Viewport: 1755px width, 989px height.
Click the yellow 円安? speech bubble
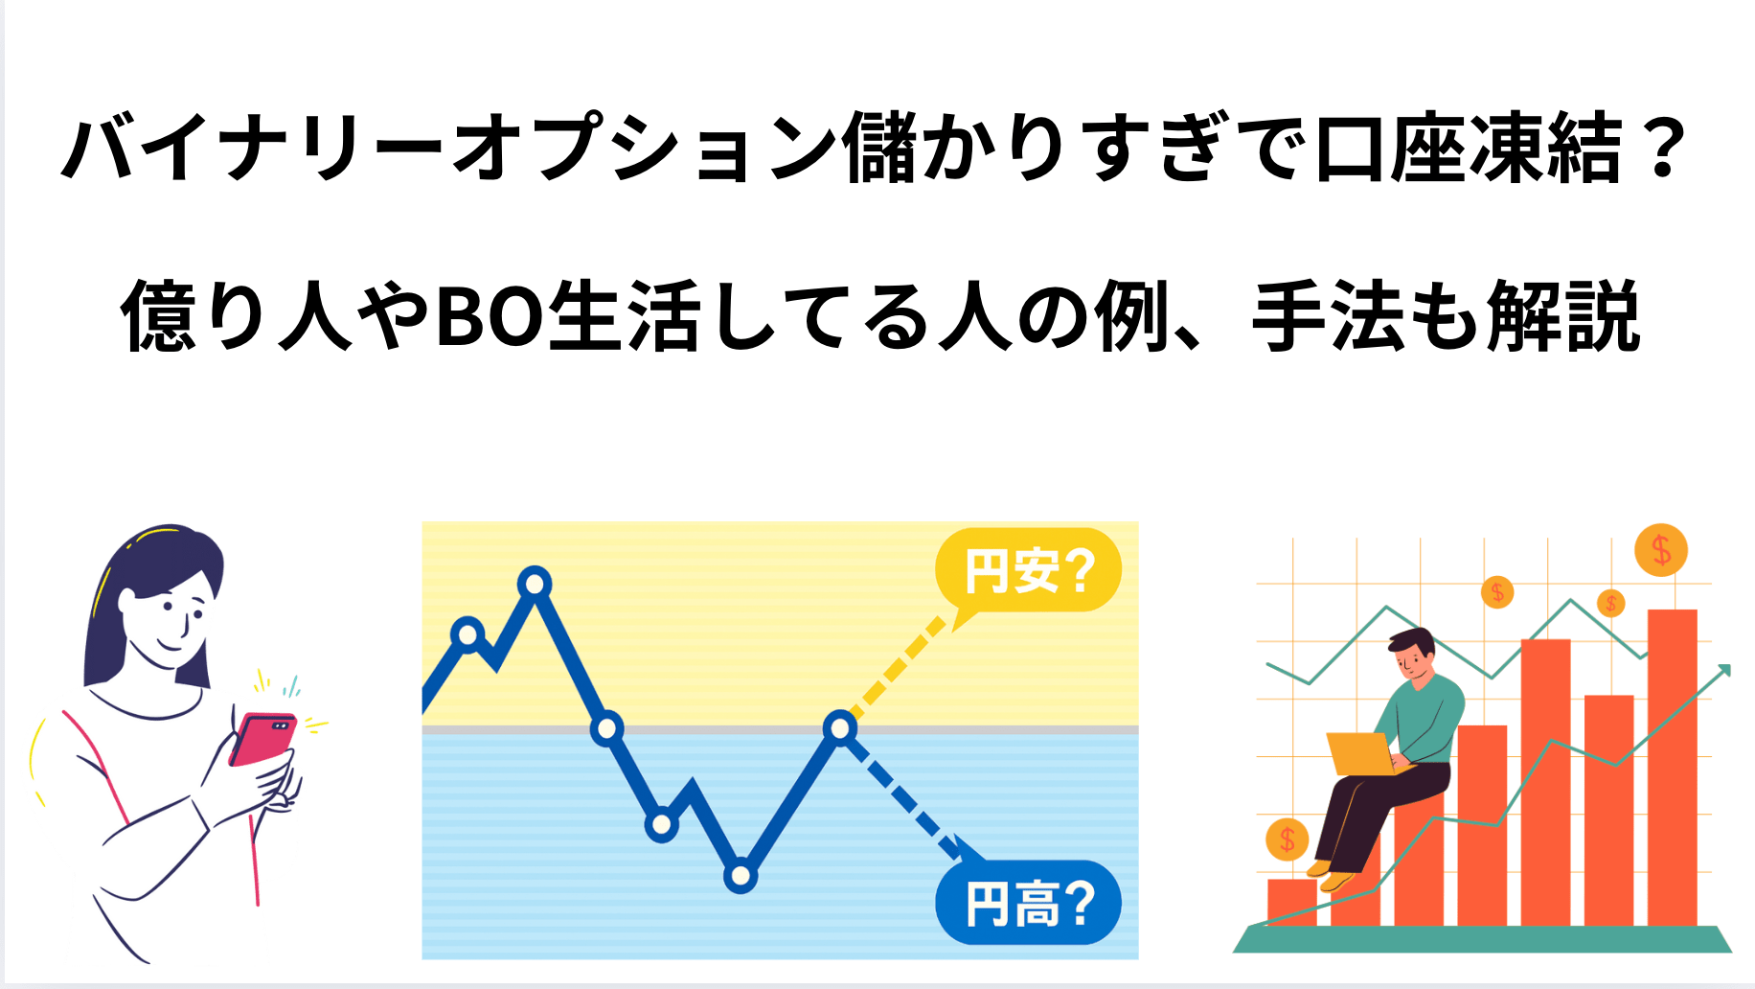(x=1028, y=571)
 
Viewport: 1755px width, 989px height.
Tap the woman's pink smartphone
(x=262, y=739)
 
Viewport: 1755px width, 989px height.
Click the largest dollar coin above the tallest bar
(x=1660, y=550)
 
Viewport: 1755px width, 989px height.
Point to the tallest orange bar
(x=1672, y=767)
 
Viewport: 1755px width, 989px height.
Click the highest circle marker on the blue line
(x=535, y=583)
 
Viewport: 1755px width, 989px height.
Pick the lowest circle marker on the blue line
(x=741, y=875)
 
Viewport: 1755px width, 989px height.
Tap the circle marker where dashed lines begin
(x=840, y=728)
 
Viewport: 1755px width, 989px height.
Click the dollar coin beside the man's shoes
(x=1288, y=840)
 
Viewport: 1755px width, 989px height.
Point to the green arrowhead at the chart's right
(x=1723, y=670)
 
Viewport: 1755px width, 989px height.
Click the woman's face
(x=167, y=613)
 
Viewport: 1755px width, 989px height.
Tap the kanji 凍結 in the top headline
(x=1544, y=148)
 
